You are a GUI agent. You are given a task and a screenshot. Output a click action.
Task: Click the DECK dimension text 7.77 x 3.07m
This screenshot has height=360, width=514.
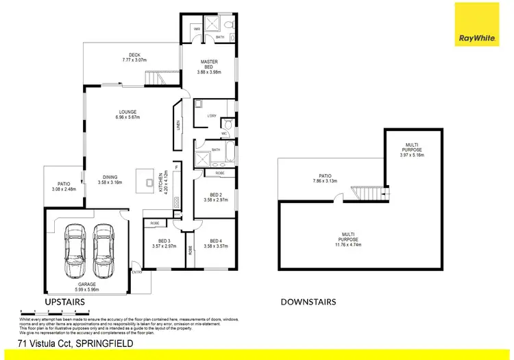[135, 60]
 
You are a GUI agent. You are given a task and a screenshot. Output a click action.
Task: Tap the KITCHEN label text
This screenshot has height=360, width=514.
[162, 183]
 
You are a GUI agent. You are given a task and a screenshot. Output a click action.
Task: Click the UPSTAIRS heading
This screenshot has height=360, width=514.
[64, 302]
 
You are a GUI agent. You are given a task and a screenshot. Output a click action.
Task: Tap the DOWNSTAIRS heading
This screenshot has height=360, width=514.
[308, 302]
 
